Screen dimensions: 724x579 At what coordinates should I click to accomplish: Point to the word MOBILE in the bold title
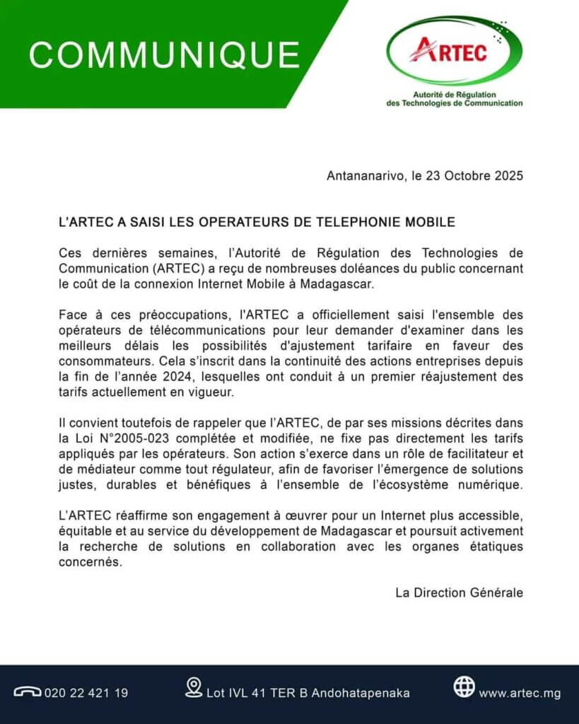pyautogui.click(x=431, y=222)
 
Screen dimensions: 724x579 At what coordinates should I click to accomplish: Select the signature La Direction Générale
pyautogui.click(x=460, y=592)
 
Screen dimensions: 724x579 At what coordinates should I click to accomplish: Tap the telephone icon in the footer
pyautogui.click(x=28, y=692)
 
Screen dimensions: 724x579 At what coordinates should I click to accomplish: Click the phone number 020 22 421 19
pyautogui.click(x=86, y=693)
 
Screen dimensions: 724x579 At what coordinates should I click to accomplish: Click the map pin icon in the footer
pyautogui.click(x=193, y=687)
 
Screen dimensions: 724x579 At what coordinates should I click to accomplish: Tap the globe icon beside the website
pyautogui.click(x=464, y=687)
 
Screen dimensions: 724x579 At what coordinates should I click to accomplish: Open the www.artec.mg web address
pyautogui.click(x=520, y=693)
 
